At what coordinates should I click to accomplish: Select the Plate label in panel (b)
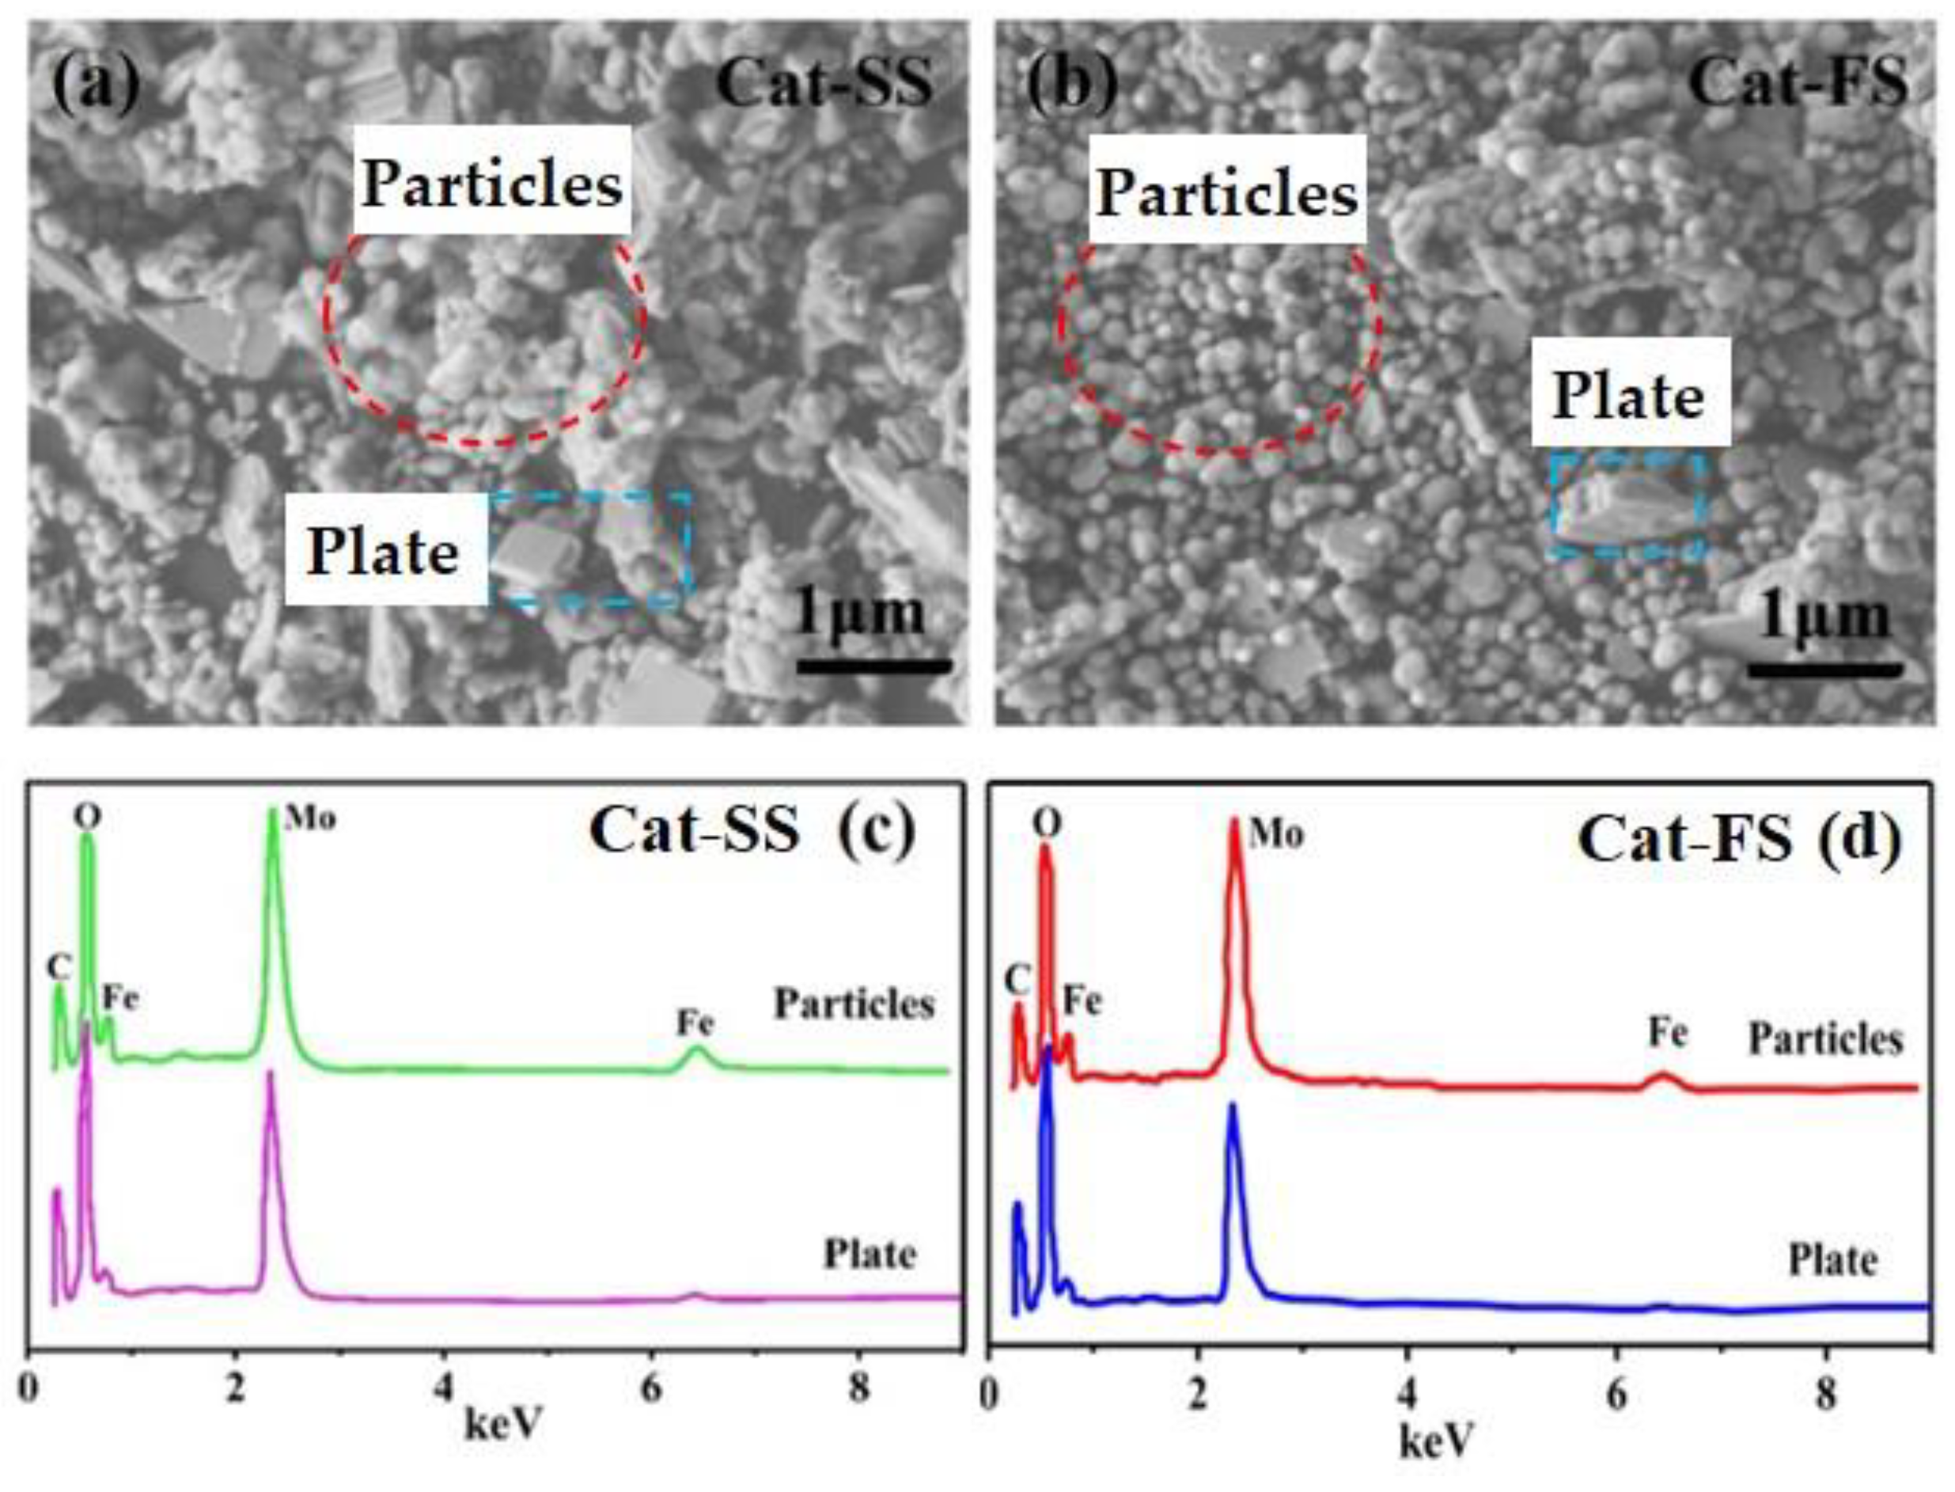(1629, 396)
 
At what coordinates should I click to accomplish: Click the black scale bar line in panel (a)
(873, 665)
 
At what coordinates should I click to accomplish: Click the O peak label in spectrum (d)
(1048, 825)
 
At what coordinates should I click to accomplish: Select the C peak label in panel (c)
(59, 966)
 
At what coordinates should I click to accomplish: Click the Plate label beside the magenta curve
(870, 1255)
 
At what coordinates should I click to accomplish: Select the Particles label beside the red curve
(1825, 1039)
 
